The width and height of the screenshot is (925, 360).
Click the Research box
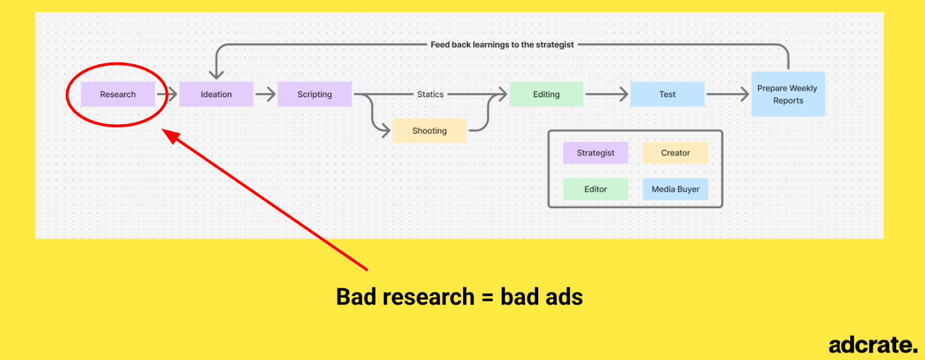point(118,94)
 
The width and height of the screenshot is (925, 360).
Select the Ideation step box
point(216,94)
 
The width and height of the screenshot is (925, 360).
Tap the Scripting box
point(314,94)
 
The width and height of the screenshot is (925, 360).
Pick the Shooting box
point(430,131)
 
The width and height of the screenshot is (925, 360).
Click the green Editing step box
point(546,94)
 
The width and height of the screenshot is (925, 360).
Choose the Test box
point(667,94)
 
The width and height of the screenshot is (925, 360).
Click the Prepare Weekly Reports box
point(789,94)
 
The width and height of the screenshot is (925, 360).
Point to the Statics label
point(430,94)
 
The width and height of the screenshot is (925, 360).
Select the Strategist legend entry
point(595,153)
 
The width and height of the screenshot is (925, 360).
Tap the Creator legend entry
point(676,153)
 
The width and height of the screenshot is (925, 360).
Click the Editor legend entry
point(595,189)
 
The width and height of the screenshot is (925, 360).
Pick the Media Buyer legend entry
point(676,189)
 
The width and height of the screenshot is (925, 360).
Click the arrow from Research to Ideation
point(167,94)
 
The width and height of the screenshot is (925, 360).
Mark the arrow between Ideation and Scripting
point(265,94)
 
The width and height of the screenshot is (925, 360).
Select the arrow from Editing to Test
point(607,94)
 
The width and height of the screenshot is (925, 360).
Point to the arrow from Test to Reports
point(728,94)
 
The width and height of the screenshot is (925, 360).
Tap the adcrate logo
point(873,345)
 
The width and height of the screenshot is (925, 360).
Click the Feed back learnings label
point(502,44)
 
